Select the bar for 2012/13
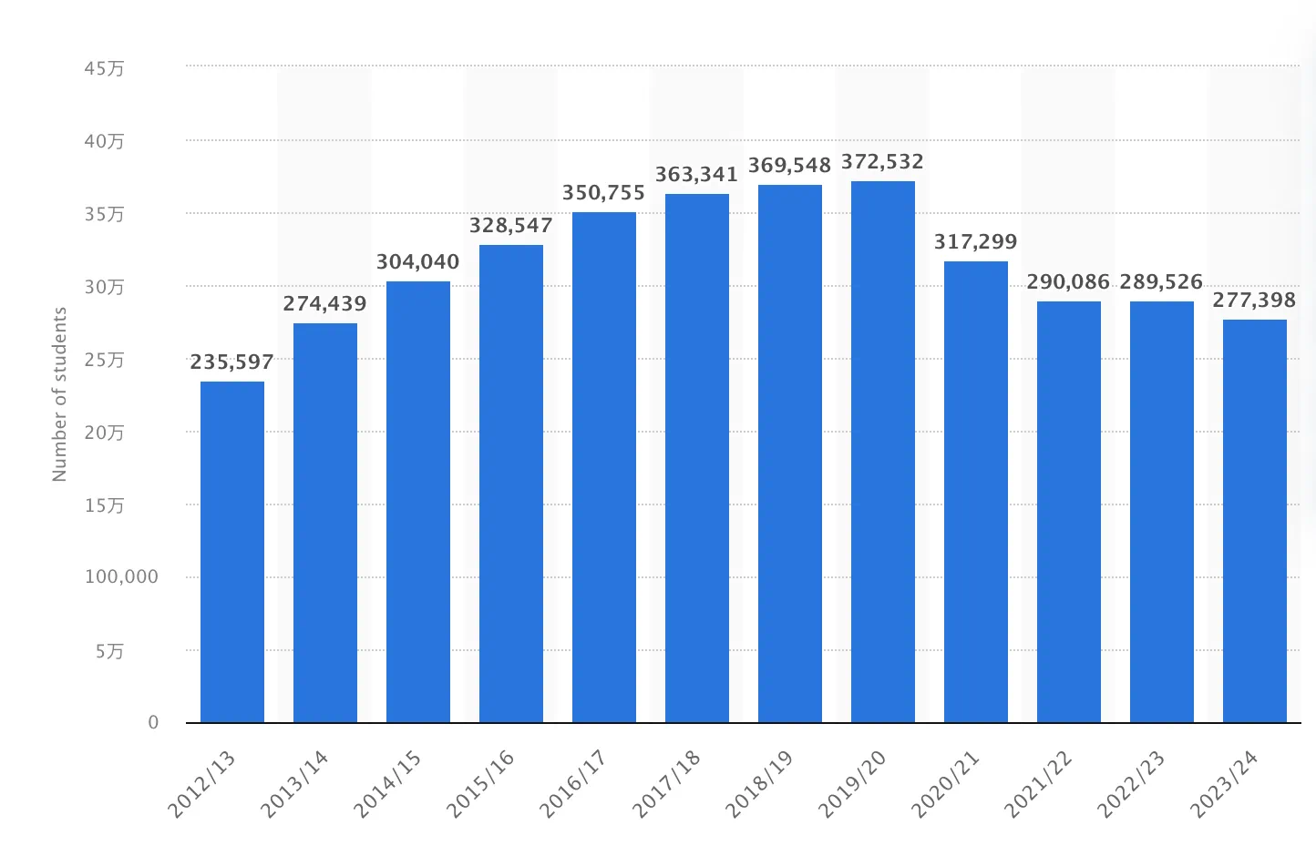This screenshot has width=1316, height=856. tap(232, 552)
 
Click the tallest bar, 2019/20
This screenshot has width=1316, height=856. tap(883, 452)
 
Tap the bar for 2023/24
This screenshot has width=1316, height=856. tap(1255, 521)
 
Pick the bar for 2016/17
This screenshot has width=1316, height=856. tap(604, 467)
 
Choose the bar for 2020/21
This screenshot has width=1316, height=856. tap(976, 492)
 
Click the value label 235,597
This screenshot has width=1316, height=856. tap(232, 362)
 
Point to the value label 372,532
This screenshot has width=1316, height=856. tap(882, 162)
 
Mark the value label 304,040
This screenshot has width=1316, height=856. tap(418, 262)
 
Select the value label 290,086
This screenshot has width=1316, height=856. tap(1068, 282)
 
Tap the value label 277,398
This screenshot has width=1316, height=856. tap(1254, 301)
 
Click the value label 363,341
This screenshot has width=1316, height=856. tap(696, 175)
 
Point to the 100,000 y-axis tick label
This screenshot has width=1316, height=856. tap(121, 577)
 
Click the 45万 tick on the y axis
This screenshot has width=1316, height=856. tap(105, 69)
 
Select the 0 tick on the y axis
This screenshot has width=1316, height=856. tap(153, 722)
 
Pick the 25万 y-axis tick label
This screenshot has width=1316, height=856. tap(105, 361)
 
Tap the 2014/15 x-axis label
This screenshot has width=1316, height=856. tap(388, 783)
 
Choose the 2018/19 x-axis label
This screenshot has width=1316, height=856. tap(760, 783)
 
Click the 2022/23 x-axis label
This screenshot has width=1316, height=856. tap(1132, 783)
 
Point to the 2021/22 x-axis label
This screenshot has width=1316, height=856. tap(1039, 783)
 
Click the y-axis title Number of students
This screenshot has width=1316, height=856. tap(60, 394)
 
